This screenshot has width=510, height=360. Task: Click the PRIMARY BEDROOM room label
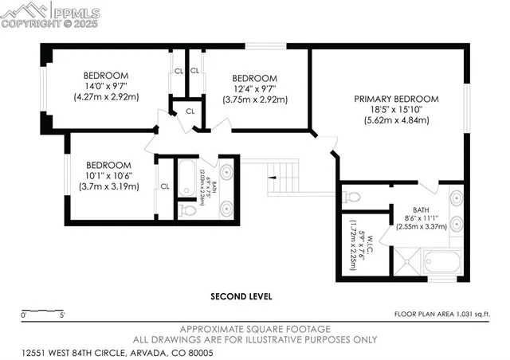coord(391,100)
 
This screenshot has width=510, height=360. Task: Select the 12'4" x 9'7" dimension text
coord(253,88)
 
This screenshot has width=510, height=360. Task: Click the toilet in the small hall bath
coord(186,209)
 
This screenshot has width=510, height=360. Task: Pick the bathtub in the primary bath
coord(441,261)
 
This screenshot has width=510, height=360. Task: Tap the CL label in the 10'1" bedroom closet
coord(164,186)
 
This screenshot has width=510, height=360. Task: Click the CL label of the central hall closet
coord(190,111)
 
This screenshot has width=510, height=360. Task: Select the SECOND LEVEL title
coord(241,296)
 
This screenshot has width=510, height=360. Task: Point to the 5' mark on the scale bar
coord(62,315)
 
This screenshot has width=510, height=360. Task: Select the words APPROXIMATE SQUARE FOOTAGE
coord(255,329)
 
